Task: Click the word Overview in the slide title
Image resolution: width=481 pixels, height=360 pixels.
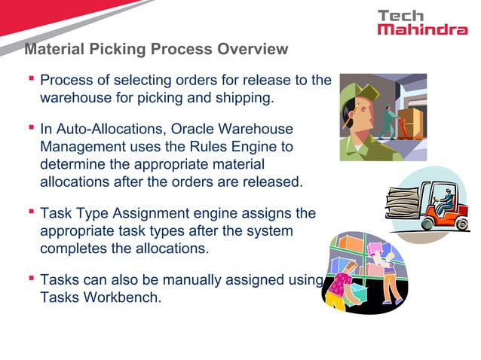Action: click(x=253, y=50)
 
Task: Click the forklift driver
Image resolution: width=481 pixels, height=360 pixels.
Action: click(x=444, y=202)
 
